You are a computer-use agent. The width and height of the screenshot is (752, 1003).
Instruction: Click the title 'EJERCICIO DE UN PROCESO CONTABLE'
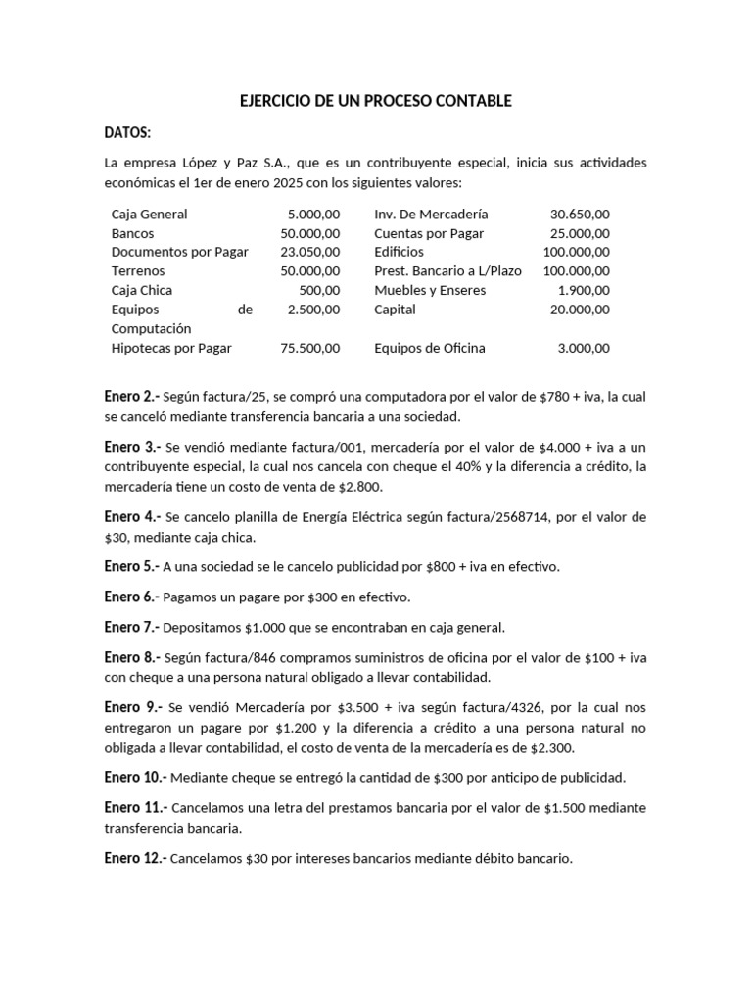(x=375, y=101)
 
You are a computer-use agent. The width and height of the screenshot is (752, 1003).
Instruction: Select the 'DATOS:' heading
(x=127, y=133)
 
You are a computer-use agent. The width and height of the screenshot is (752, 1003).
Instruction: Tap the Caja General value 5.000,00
(x=313, y=214)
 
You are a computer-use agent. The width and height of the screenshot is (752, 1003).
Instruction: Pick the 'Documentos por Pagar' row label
(x=180, y=252)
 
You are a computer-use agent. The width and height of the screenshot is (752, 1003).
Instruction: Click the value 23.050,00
(x=309, y=252)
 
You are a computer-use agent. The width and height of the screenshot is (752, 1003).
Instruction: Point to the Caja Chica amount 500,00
(x=319, y=290)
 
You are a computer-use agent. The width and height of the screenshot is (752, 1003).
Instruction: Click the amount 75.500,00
(x=309, y=348)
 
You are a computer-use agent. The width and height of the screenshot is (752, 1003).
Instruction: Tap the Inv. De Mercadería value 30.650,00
(x=580, y=214)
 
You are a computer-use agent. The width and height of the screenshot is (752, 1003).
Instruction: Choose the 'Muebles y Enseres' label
(x=428, y=290)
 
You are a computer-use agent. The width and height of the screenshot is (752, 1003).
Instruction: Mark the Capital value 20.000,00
(x=580, y=310)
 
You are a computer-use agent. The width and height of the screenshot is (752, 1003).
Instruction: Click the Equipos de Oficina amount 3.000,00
(x=584, y=348)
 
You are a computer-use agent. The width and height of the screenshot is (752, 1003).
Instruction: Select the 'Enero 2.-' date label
(x=131, y=397)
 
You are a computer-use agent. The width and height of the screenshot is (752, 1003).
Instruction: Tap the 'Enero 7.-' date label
(x=131, y=627)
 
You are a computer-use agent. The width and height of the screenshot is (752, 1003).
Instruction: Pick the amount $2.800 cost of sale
(x=362, y=487)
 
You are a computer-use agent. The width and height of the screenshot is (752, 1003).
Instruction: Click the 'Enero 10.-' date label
(x=135, y=777)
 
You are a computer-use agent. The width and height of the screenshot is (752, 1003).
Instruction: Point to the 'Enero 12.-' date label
(x=135, y=858)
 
